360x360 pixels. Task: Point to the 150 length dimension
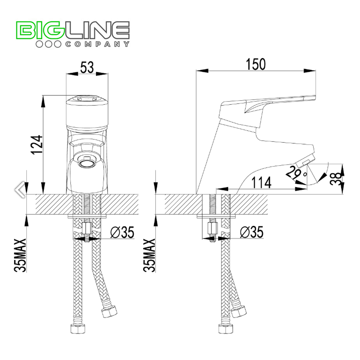[x=256, y=64]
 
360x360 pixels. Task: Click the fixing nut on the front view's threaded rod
[x=87, y=228]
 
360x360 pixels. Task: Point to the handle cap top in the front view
[x=87, y=98]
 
